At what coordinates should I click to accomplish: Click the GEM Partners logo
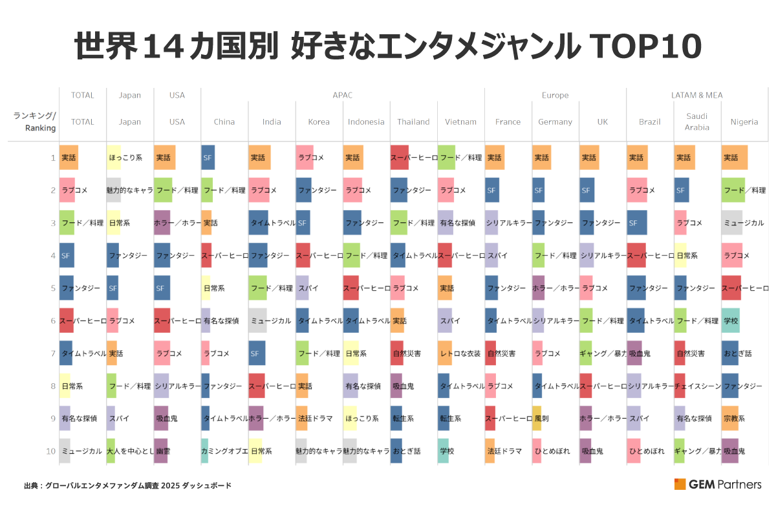[x=717, y=484]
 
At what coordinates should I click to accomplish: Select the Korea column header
[x=319, y=121]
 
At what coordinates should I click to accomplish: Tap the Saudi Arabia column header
[x=697, y=121]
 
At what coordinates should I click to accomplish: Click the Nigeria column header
[x=744, y=121]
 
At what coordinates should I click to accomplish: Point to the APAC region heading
[x=343, y=95]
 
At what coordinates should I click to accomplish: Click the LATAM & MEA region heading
[x=697, y=95]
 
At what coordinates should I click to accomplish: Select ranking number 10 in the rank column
[x=51, y=451]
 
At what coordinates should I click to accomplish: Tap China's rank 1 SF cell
[x=208, y=158]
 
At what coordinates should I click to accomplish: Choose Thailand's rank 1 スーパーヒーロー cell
[x=414, y=158]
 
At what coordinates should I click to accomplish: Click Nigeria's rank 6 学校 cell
[x=731, y=321]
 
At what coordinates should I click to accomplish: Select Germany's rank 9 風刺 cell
[x=541, y=418]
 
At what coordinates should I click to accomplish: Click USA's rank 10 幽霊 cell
[x=162, y=451]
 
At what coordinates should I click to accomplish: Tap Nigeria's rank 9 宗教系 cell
[x=735, y=418]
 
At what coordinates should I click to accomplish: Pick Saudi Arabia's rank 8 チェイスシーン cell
[x=697, y=386]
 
